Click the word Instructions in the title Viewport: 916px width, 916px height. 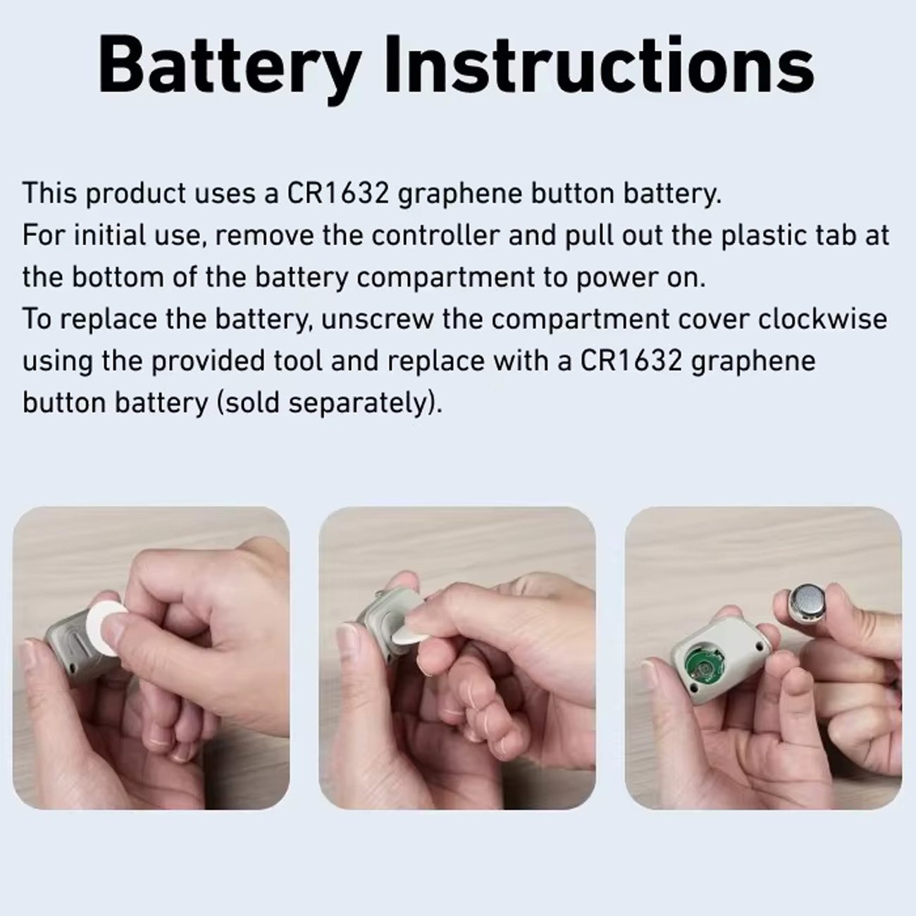[x=600, y=65]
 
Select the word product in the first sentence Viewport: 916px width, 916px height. [x=135, y=194]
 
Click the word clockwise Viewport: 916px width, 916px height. [x=822, y=319]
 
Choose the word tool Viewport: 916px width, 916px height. [x=298, y=361]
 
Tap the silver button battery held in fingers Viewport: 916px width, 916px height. [x=809, y=602]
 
